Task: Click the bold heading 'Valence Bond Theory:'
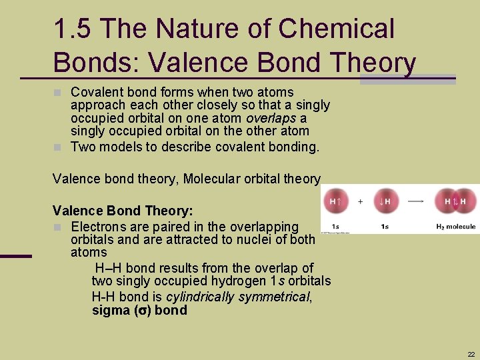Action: (123, 211)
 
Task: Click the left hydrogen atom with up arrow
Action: (335, 201)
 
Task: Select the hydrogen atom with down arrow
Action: (385, 201)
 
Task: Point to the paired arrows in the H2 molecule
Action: (454, 201)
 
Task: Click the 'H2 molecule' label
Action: (455, 227)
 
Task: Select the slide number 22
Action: (471, 354)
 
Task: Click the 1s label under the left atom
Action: (335, 227)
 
